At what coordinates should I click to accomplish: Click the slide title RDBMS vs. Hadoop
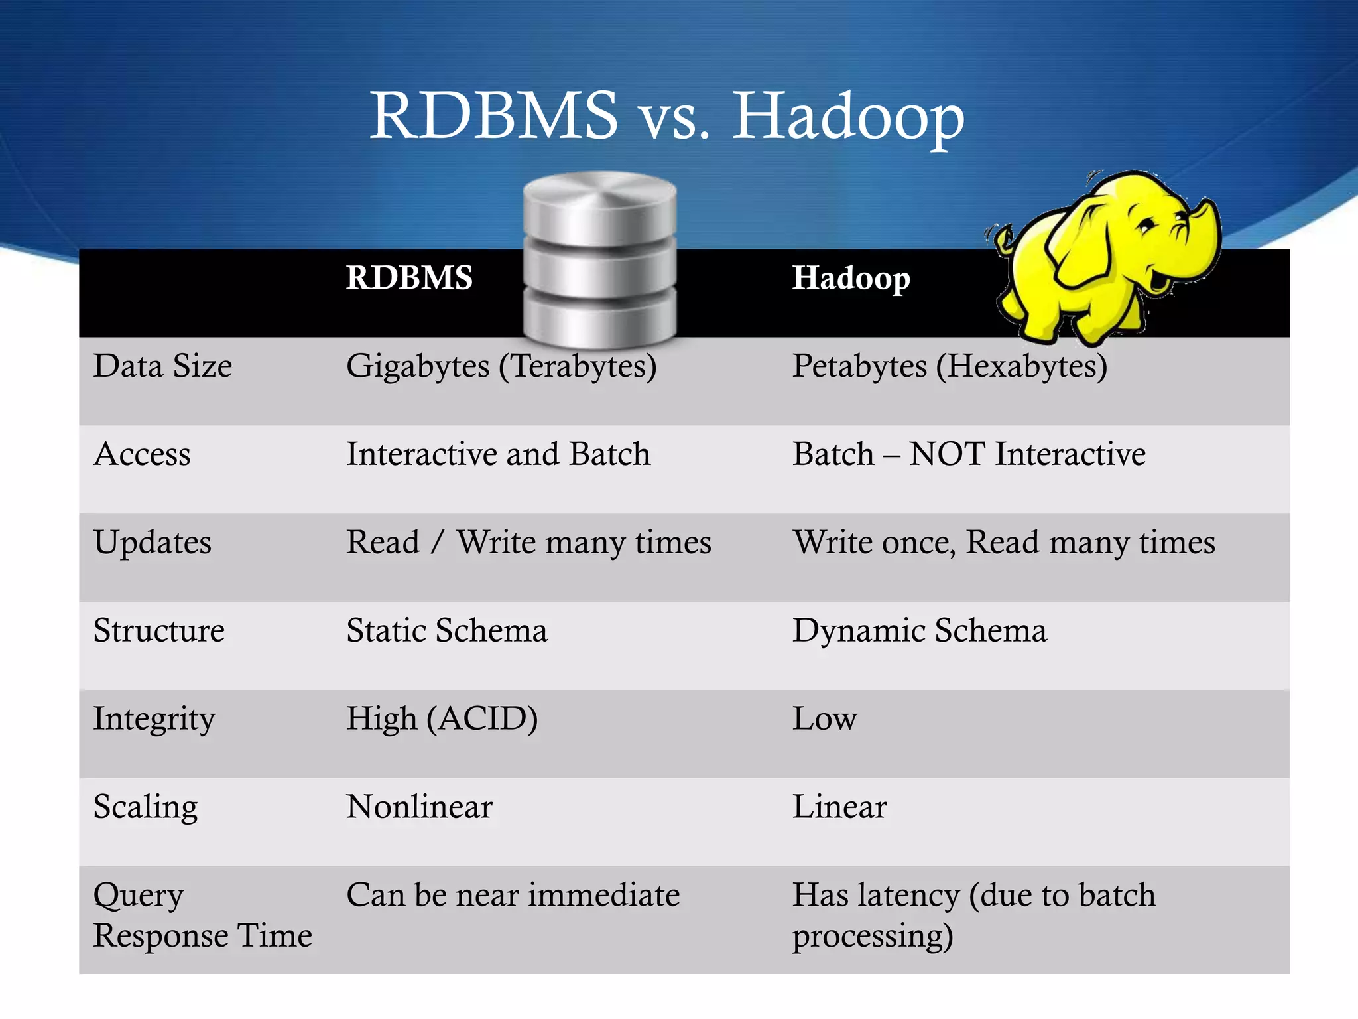click(666, 116)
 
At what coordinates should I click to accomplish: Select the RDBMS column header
click(409, 277)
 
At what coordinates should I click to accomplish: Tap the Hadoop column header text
click(851, 278)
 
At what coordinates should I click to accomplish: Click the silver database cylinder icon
click(599, 260)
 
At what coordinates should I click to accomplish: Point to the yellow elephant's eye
click(1145, 226)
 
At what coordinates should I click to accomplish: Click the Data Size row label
click(162, 366)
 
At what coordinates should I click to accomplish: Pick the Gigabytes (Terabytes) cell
click(501, 366)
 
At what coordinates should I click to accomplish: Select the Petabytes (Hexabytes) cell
click(950, 366)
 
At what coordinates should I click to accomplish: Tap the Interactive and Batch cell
click(498, 454)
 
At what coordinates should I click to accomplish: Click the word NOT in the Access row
click(947, 454)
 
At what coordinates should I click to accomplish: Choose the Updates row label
click(153, 543)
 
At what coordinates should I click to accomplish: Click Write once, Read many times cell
click(1003, 543)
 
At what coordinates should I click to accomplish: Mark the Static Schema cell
click(447, 630)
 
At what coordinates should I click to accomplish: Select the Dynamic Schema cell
click(919, 630)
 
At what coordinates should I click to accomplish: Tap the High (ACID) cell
click(442, 718)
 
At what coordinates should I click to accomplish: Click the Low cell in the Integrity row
click(824, 718)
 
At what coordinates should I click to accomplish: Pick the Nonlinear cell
click(419, 807)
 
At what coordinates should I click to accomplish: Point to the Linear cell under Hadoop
click(839, 807)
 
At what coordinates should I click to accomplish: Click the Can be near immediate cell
click(513, 895)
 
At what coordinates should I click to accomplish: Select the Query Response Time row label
click(202, 916)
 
